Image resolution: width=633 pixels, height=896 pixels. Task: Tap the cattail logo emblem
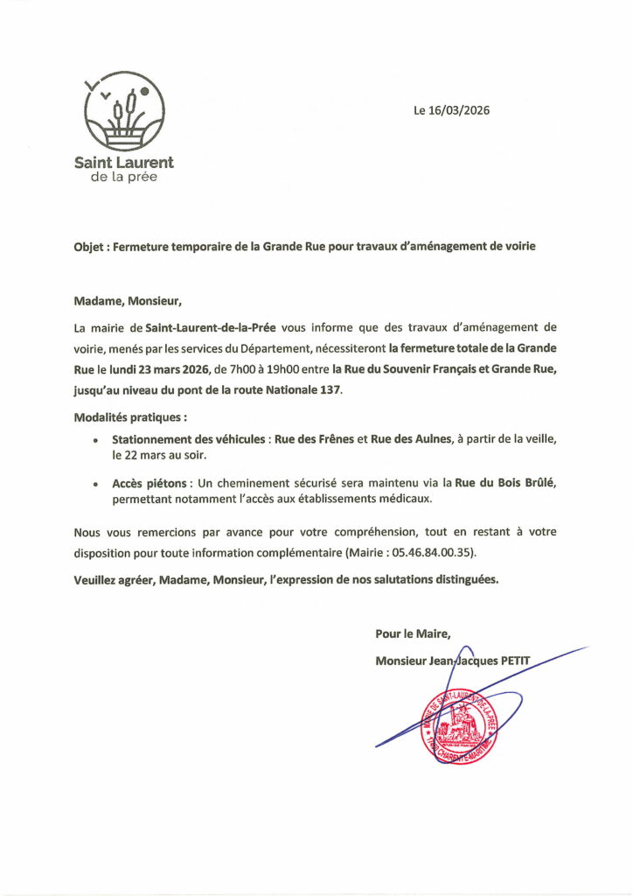click(124, 112)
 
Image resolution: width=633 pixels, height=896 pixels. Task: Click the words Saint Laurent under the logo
click(124, 162)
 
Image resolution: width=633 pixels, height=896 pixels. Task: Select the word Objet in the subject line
click(89, 247)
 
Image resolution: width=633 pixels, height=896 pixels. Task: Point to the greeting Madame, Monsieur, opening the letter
click(128, 302)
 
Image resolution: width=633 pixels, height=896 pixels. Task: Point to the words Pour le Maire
click(413, 633)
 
